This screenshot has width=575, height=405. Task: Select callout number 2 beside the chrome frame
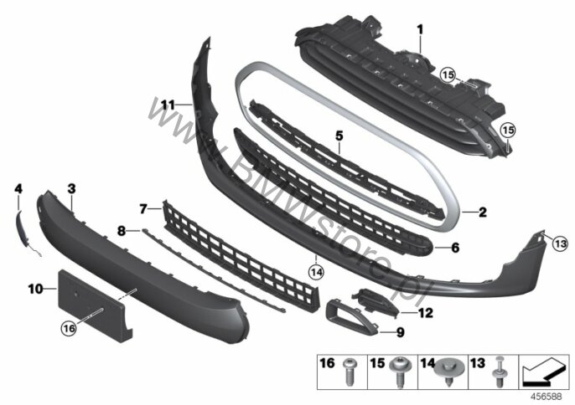[x=483, y=213]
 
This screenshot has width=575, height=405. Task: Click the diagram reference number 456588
[x=546, y=395]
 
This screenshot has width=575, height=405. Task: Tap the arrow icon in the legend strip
[x=544, y=368]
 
